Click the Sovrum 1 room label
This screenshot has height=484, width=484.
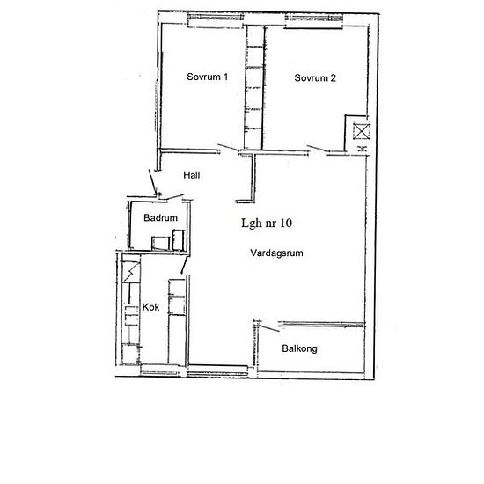point(207,77)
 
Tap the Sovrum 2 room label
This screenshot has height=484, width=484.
point(315,77)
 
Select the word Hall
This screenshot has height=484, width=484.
point(191,175)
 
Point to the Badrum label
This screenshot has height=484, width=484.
point(160,217)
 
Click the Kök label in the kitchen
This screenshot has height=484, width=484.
point(150,307)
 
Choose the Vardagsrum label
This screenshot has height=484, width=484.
point(276,253)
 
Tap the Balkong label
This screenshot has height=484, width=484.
point(299,348)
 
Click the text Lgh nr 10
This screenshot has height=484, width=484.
point(267,223)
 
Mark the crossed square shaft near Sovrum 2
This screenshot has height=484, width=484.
point(361,131)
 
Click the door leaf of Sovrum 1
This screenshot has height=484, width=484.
point(228,147)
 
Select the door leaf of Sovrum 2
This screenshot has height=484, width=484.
point(317,149)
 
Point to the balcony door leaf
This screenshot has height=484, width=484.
point(269,328)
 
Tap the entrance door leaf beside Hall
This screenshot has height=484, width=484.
point(152,181)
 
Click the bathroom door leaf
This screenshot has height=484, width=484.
point(175,197)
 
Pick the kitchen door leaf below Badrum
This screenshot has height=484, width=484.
point(184,265)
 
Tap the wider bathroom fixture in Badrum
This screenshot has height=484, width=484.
point(160,243)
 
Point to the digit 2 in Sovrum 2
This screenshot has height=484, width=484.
point(333,77)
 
